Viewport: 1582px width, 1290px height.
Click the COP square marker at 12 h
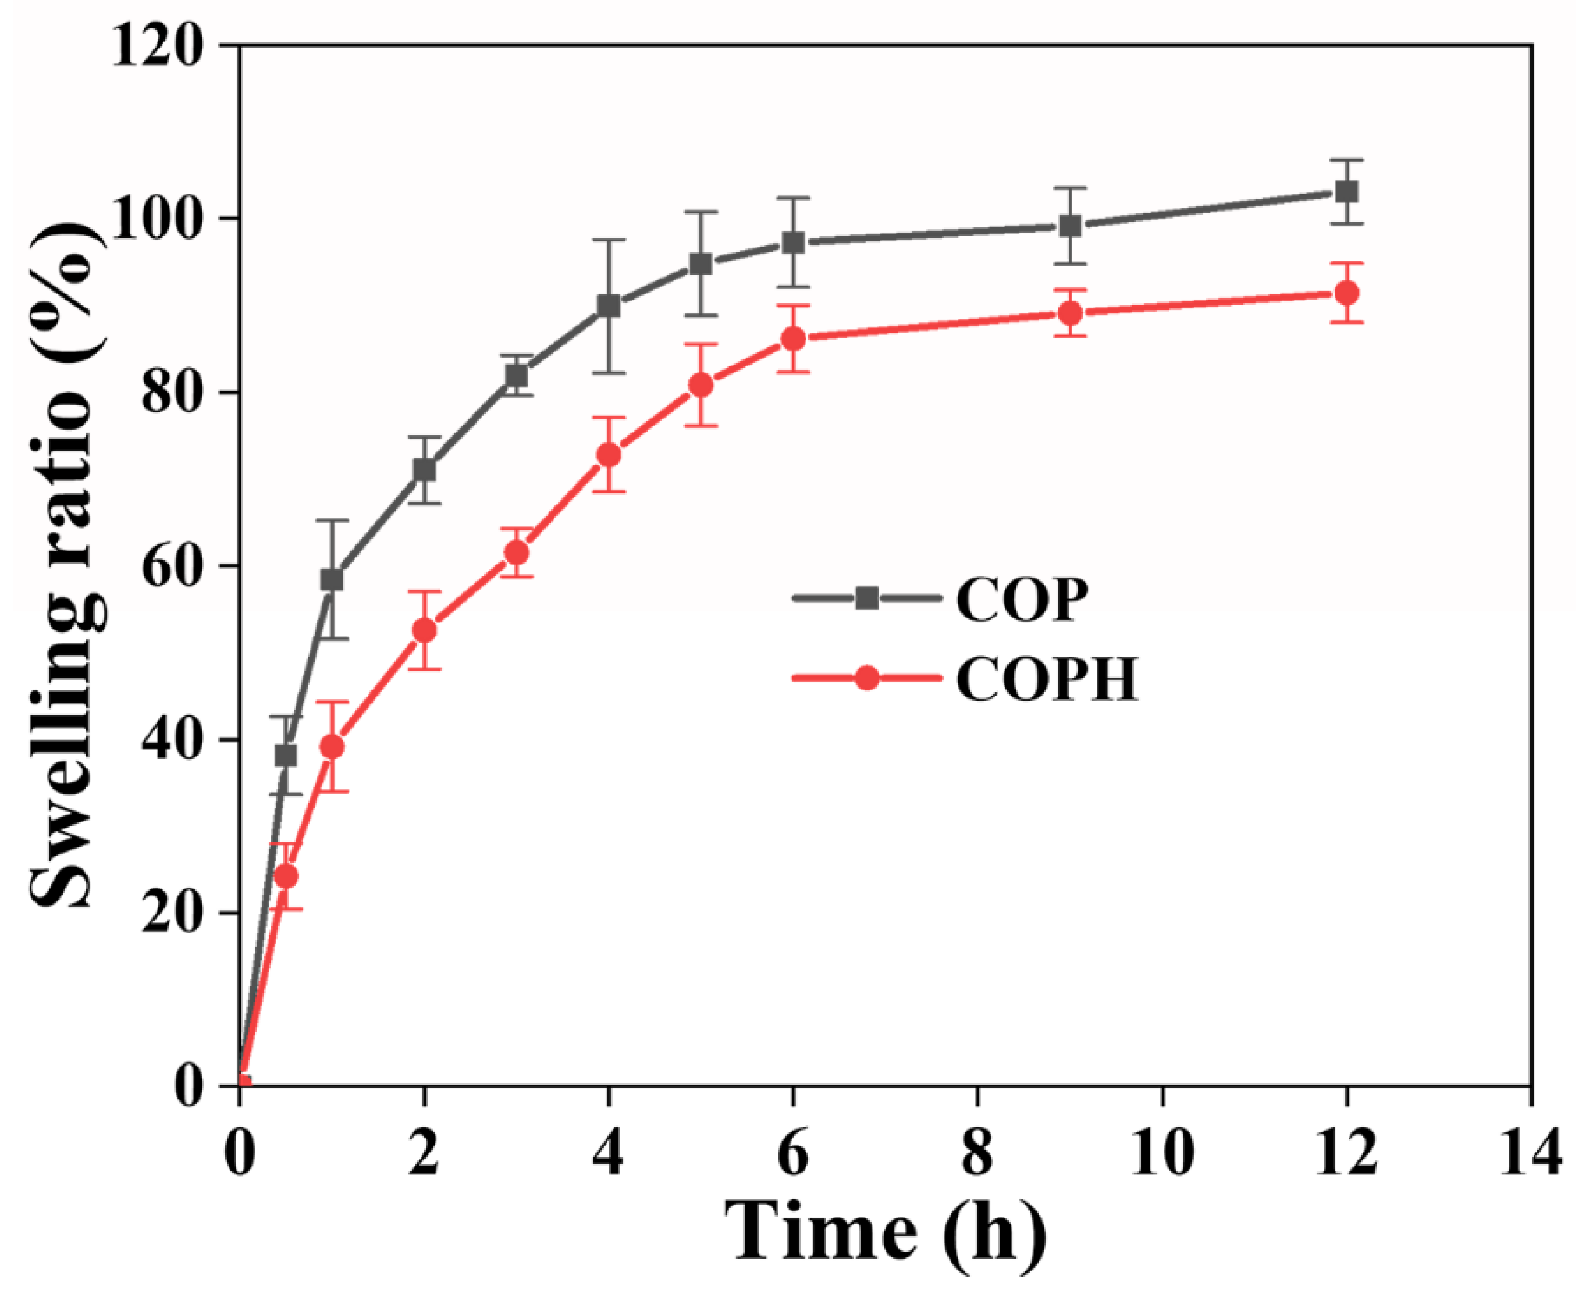[x=1346, y=192]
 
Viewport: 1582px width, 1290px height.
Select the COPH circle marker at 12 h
[x=1346, y=293]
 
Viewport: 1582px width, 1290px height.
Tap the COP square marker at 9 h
[x=1070, y=226]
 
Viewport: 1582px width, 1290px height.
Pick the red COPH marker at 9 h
[x=1070, y=313]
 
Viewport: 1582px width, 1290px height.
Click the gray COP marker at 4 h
[x=609, y=305]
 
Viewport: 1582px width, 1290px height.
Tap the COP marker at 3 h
[x=517, y=376]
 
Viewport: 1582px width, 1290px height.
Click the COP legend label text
[x=1022, y=600]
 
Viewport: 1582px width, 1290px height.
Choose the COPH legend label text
[x=1046, y=680]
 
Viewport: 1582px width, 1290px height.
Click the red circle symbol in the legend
[x=866, y=678]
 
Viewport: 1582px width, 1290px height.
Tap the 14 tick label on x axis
[x=1530, y=1156]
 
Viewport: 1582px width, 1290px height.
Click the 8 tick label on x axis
[x=977, y=1156]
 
